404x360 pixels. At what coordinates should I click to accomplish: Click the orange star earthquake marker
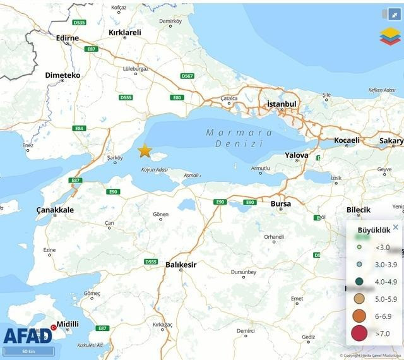pos(145,150)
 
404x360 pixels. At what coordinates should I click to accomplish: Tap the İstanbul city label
pos(281,104)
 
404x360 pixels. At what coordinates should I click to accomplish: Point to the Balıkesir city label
pos(181,265)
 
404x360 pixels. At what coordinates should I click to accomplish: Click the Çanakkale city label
pos(55,210)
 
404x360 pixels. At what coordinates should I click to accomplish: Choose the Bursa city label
pos(281,204)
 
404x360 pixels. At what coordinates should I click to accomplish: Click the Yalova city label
pos(297,155)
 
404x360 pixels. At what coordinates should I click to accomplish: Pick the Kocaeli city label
pos(347,140)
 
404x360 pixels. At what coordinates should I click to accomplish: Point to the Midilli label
pos(68,325)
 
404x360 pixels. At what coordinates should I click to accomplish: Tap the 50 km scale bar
pos(28,351)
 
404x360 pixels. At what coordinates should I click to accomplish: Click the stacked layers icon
pos(390,36)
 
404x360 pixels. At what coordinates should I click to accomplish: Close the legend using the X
pos(396,227)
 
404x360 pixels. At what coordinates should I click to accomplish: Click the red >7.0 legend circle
pos(359,333)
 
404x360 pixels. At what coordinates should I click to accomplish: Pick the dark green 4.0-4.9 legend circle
pos(359,282)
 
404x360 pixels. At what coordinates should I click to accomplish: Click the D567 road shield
pos(187,76)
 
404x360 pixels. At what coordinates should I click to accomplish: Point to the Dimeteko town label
pos(62,75)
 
